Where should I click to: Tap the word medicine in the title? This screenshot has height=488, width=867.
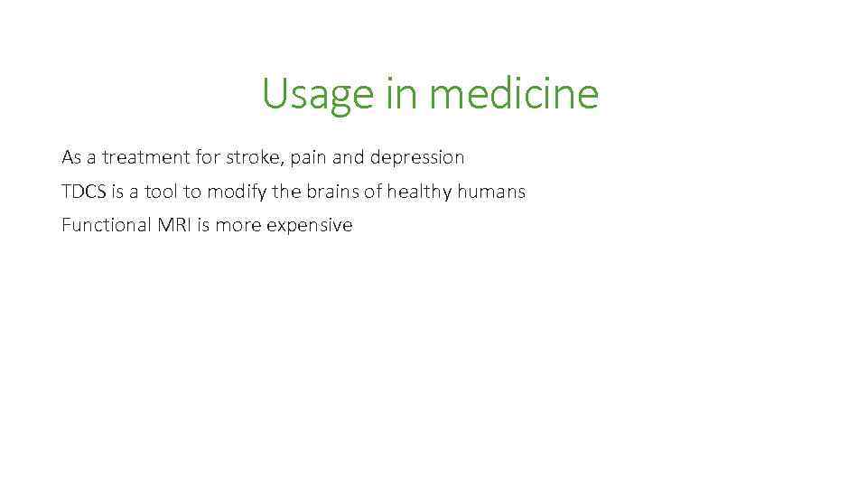click(514, 93)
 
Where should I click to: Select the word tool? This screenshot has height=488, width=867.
click(163, 192)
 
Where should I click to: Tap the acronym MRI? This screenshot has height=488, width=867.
click(174, 225)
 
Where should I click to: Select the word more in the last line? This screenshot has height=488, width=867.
click(237, 225)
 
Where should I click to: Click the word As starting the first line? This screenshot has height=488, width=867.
click(71, 157)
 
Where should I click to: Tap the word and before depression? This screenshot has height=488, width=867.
click(349, 157)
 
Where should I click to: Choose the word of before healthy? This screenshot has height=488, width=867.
click(372, 192)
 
